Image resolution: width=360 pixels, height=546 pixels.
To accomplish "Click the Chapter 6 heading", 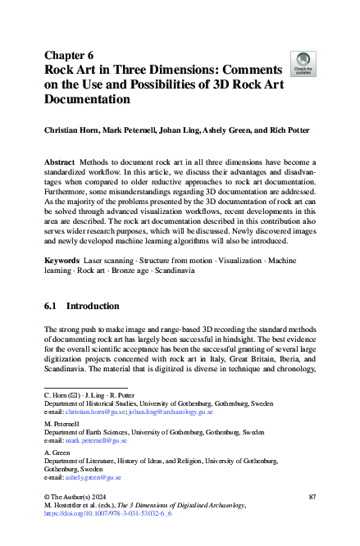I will (71, 56).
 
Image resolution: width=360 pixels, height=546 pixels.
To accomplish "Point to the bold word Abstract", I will (62, 164).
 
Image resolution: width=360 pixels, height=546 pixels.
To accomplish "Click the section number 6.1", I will (52, 306).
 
